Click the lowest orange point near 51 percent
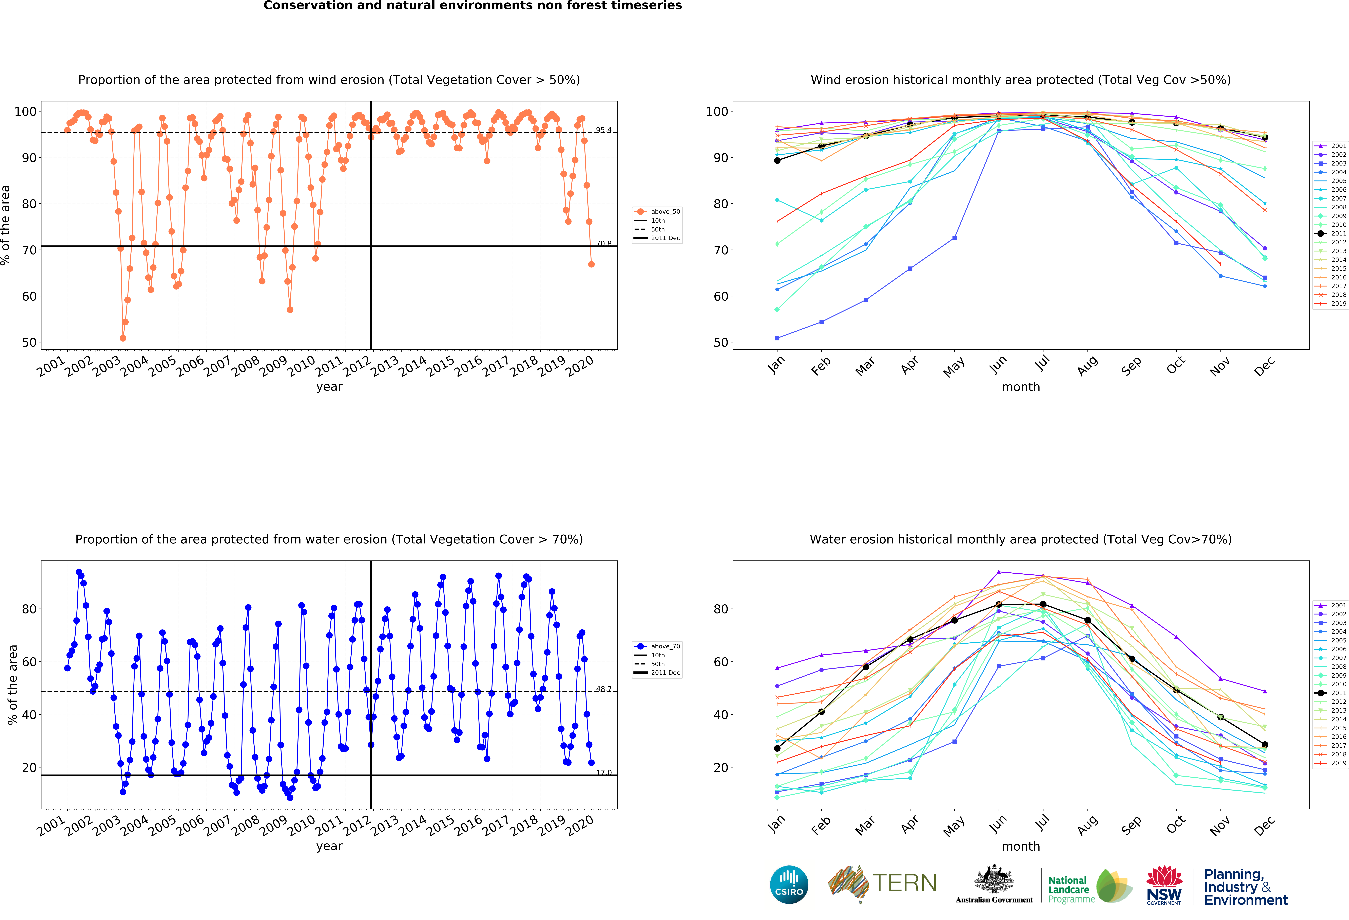pyautogui.click(x=122, y=338)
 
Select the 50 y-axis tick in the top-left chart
pyautogui.click(x=29, y=343)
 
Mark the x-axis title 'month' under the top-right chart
pyautogui.click(x=1020, y=387)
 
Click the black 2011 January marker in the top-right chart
pyautogui.click(x=777, y=160)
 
